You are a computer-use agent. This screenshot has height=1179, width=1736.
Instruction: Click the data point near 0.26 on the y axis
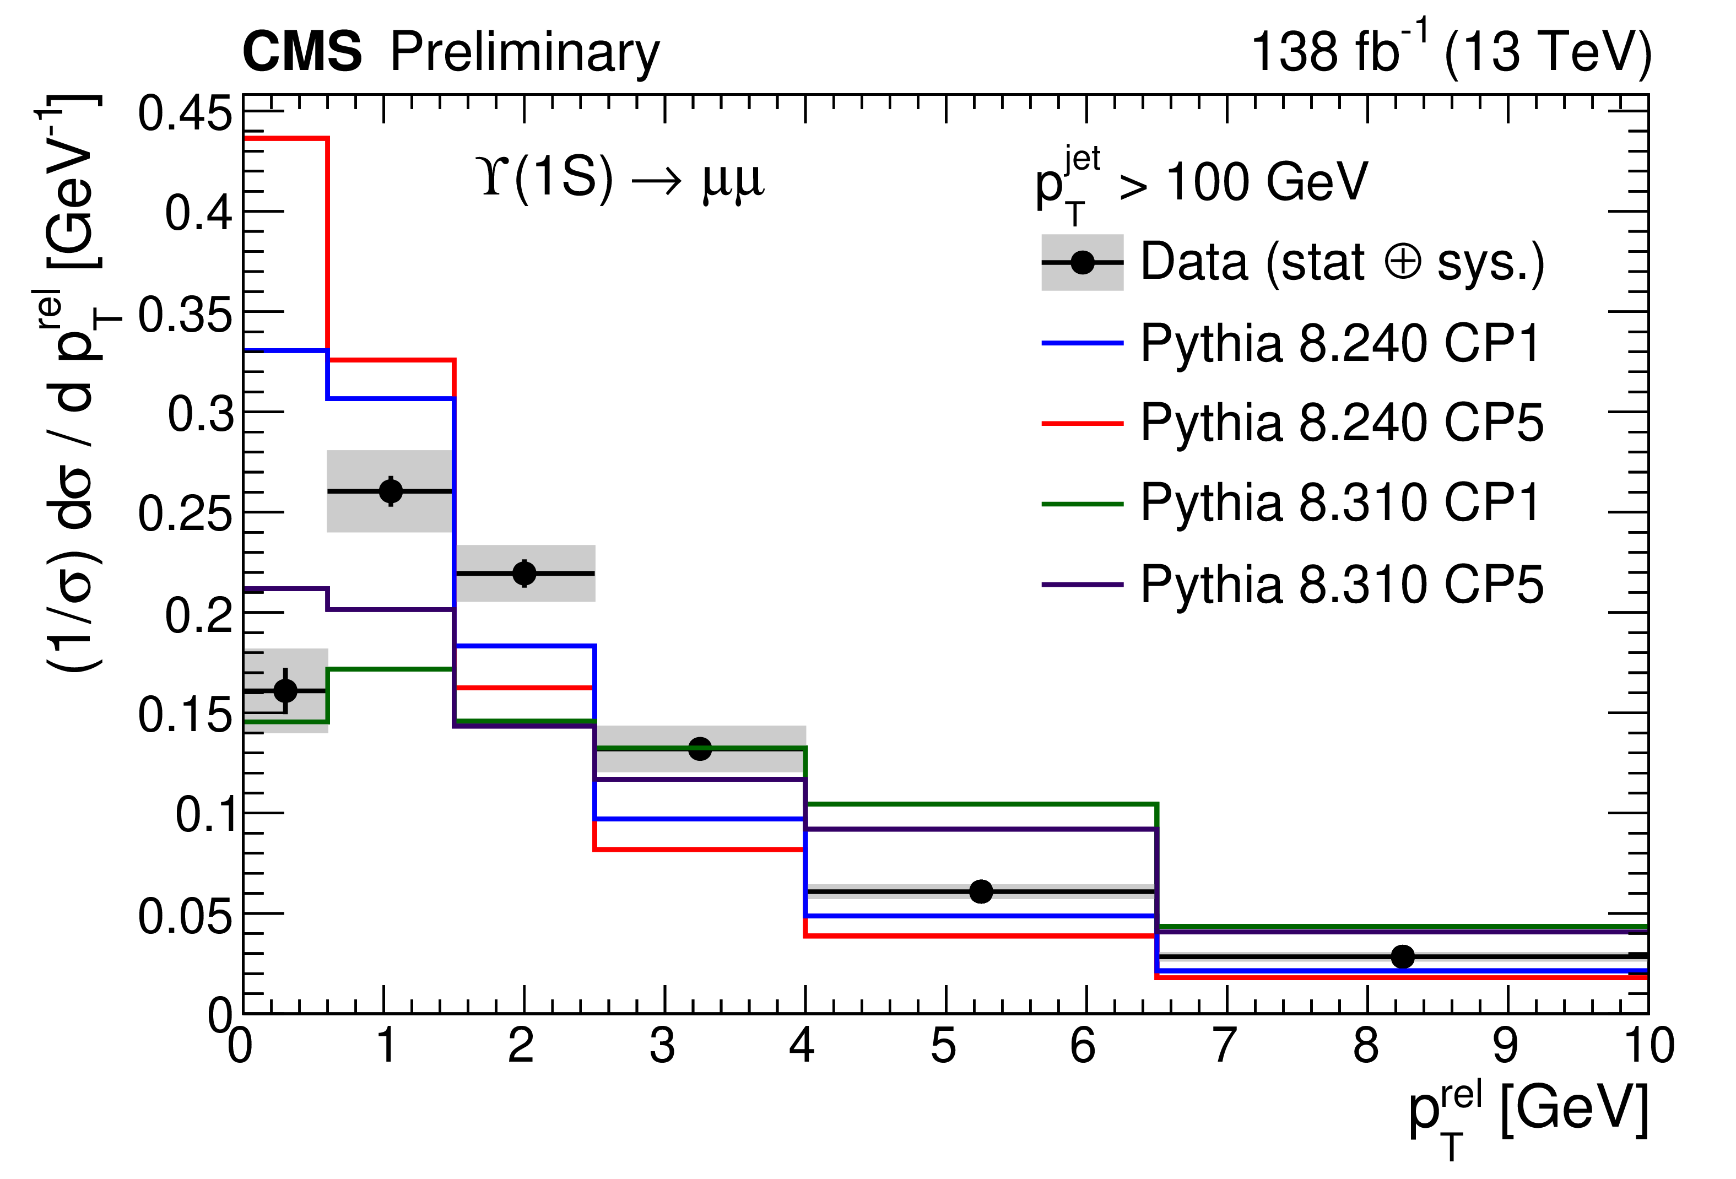(391, 491)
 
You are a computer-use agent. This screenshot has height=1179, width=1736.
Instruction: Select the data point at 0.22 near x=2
(524, 573)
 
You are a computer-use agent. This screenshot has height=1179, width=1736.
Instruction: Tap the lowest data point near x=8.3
(1403, 956)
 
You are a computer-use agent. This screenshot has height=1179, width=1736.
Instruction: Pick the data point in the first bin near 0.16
(285, 690)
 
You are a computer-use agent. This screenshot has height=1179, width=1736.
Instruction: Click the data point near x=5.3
(981, 891)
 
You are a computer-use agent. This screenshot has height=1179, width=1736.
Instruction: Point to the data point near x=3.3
(700, 749)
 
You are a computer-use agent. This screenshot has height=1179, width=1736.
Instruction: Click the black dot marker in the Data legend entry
(1083, 262)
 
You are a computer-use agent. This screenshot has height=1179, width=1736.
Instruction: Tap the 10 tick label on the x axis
(1650, 1046)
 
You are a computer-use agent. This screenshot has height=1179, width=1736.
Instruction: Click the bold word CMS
(302, 52)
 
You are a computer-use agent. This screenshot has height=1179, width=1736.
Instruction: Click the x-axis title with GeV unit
(1528, 1113)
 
